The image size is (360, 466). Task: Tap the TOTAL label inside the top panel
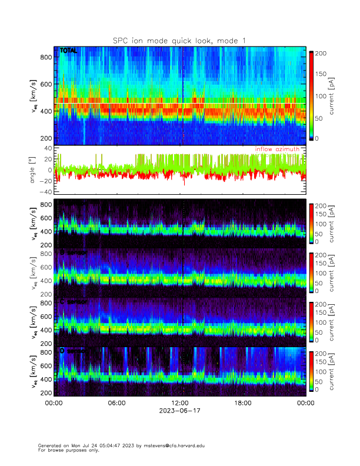click(x=68, y=51)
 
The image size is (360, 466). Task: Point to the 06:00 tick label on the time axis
click(x=116, y=403)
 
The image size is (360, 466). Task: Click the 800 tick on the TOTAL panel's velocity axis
click(x=46, y=56)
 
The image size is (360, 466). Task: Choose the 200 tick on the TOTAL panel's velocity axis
click(x=46, y=138)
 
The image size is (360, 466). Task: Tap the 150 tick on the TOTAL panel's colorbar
click(x=322, y=74)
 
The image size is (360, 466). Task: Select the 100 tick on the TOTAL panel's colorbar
click(x=322, y=95)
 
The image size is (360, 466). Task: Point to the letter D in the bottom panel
click(x=62, y=351)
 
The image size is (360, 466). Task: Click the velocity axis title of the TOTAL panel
click(x=34, y=97)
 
